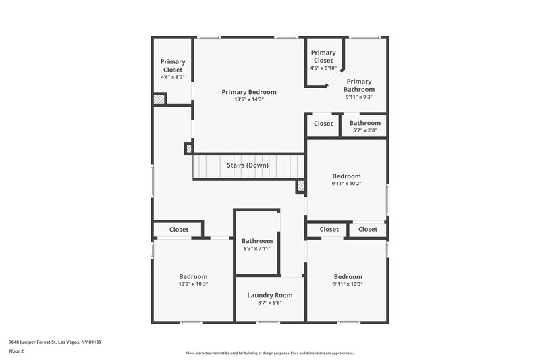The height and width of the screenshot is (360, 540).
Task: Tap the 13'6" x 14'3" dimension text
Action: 249,100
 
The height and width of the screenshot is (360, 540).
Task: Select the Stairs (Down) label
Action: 247,165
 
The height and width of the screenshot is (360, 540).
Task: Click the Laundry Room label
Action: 269,295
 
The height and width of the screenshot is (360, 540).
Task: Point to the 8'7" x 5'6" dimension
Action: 269,303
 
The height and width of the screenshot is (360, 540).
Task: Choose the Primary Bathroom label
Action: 358,85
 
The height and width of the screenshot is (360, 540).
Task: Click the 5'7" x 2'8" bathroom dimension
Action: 364,130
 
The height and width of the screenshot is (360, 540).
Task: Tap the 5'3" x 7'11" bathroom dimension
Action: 256,249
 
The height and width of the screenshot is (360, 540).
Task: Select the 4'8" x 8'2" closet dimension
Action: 172,77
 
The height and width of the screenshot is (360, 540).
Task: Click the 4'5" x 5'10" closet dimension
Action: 323,68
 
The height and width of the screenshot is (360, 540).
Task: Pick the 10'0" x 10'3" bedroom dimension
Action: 193,284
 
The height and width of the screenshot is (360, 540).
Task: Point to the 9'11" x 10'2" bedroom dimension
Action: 346,184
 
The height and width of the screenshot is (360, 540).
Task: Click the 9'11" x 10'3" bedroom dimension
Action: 348,284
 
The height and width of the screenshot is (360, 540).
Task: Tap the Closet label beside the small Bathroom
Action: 323,124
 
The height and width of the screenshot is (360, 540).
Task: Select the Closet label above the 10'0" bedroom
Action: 179,230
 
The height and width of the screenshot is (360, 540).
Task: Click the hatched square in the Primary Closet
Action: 159,99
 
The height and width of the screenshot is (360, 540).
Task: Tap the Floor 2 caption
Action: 17,352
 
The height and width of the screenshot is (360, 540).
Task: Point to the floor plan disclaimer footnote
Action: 269,353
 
